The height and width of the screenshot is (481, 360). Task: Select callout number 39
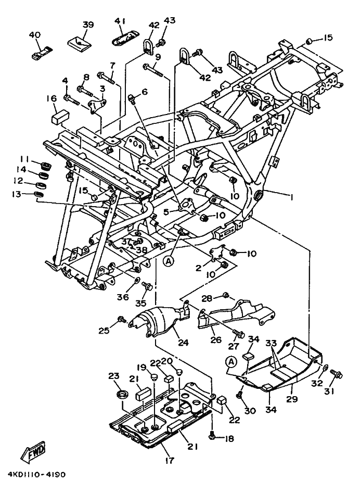pyautogui.click(x=88, y=24)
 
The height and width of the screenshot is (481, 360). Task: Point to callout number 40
pyautogui.click(x=34, y=35)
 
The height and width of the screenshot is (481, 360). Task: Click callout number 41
pyautogui.click(x=121, y=21)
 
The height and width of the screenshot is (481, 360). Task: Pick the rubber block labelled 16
pyautogui.click(x=58, y=116)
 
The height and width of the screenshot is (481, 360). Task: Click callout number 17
pyautogui.click(x=170, y=460)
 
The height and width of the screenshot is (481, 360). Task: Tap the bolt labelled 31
pyautogui.click(x=335, y=375)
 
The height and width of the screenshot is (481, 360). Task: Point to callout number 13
pyautogui.click(x=23, y=194)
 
